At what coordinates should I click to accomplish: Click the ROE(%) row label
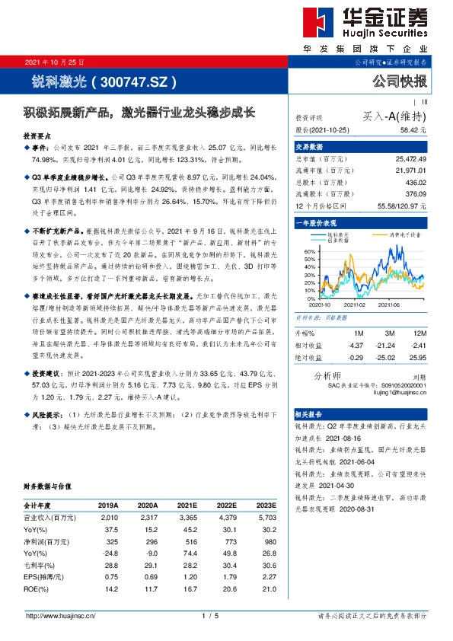pos(38,589)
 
